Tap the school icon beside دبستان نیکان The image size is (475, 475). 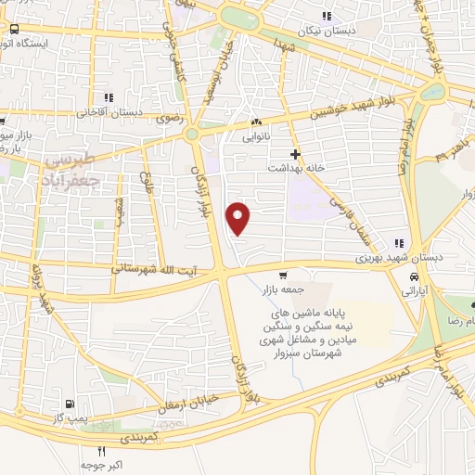pyautogui.click(x=326, y=16)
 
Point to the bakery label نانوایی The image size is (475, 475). pyautogui.click(x=255, y=136)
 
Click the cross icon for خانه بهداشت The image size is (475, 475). pyautogui.click(x=295, y=153)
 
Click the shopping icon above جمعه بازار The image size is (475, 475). pyautogui.click(x=283, y=275)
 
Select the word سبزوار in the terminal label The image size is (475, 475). pyautogui.click(x=291, y=353)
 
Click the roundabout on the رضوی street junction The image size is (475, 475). pyautogui.click(x=193, y=135)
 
